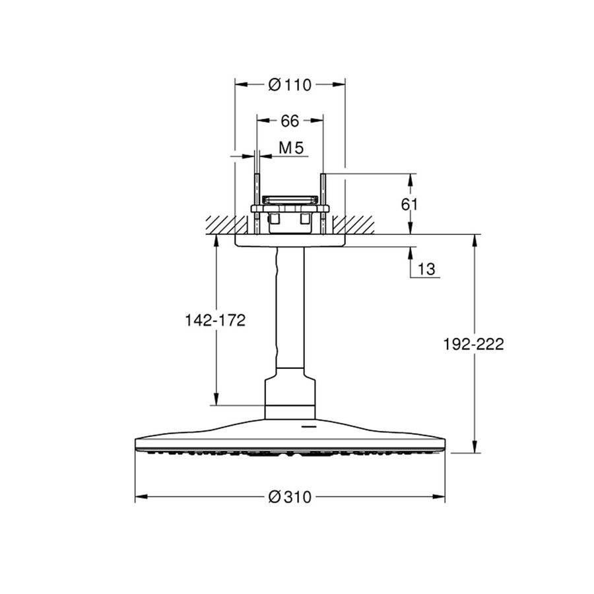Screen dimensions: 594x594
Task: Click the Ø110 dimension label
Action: [x=290, y=84]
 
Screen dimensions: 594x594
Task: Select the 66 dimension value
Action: [x=290, y=120]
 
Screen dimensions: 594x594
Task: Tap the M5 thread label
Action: [x=290, y=148]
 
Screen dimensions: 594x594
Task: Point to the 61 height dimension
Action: [x=410, y=204]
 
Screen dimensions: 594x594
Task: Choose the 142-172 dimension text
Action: [x=214, y=321]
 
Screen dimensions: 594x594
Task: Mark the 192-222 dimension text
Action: [x=473, y=344]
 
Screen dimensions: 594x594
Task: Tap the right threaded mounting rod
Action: [x=323, y=191]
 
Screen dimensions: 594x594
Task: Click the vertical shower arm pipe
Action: [x=290, y=310]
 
